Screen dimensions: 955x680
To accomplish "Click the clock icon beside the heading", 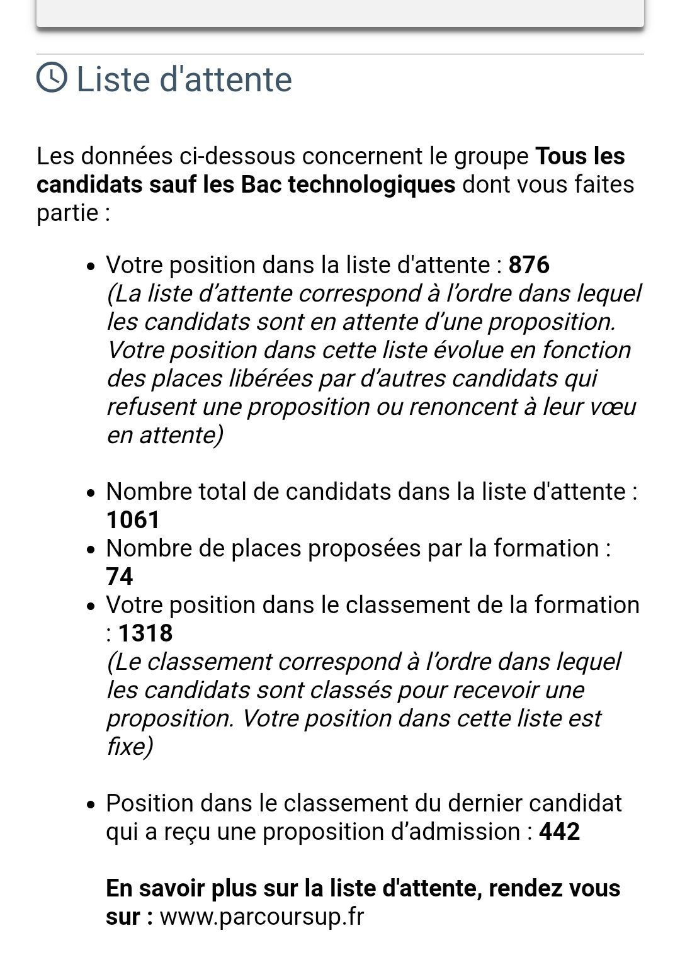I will click(52, 78).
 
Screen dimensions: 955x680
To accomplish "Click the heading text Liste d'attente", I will click(184, 80).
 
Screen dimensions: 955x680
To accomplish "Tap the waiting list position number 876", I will click(529, 265).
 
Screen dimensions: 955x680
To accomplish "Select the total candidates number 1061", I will click(133, 520).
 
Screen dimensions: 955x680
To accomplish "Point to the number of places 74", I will click(120, 577).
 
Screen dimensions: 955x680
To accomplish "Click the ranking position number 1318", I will click(145, 633).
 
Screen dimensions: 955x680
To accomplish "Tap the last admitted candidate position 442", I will click(559, 832).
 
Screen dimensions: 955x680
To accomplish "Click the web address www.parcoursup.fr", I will click(262, 917).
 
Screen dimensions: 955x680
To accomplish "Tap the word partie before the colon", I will click(67, 213).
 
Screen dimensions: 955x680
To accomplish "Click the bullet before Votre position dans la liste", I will click(91, 267).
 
